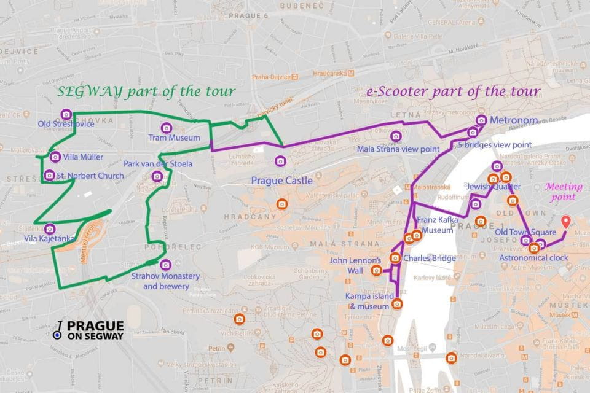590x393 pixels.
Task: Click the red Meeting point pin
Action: click(x=566, y=222)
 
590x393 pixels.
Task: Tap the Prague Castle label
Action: click(x=282, y=181)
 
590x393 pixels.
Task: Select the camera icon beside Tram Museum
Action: click(x=165, y=128)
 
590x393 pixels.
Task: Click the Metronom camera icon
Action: click(x=481, y=120)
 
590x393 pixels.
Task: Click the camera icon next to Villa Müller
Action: click(x=55, y=157)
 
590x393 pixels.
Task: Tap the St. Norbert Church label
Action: click(x=90, y=176)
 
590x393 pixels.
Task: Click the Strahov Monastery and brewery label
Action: click(x=165, y=281)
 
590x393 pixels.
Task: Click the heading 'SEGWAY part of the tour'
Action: click(x=146, y=92)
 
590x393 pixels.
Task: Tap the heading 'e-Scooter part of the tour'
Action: click(x=453, y=91)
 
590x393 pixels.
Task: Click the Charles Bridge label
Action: click(x=430, y=258)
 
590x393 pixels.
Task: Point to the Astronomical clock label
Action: click(x=533, y=258)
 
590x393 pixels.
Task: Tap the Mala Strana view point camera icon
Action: click(x=396, y=136)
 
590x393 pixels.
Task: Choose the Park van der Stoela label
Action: click(x=158, y=164)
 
